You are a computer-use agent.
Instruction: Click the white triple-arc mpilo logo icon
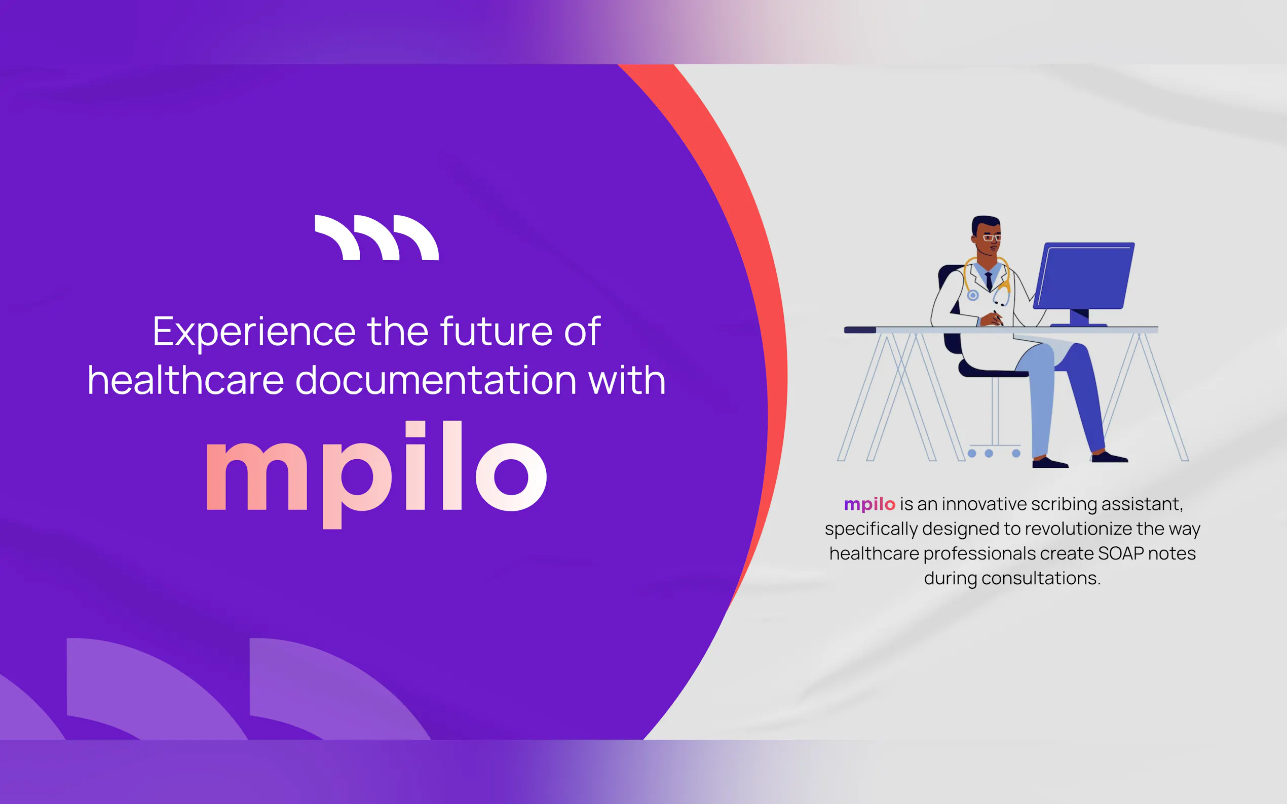pyautogui.click(x=376, y=237)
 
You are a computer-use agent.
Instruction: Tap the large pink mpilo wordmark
pyautogui.click(x=376, y=474)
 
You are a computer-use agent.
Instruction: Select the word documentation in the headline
pyautogui.click(x=436, y=380)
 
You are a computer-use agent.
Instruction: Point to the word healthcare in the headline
pyautogui.click(x=185, y=380)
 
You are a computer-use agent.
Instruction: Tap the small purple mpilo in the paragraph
pyautogui.click(x=869, y=505)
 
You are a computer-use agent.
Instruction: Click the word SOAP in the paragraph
pyautogui.click(x=1120, y=553)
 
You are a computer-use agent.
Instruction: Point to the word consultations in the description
pyautogui.click(x=1041, y=578)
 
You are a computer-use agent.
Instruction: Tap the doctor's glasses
pyautogui.click(x=992, y=237)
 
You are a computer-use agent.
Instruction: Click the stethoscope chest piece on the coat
pyautogui.click(x=972, y=295)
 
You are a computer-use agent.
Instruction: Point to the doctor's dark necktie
pyautogui.click(x=989, y=282)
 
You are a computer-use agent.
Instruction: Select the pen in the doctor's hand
pyautogui.click(x=998, y=317)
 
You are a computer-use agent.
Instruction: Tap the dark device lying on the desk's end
pyautogui.click(x=860, y=330)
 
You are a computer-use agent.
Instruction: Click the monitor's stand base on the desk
pyautogui.click(x=1079, y=324)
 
